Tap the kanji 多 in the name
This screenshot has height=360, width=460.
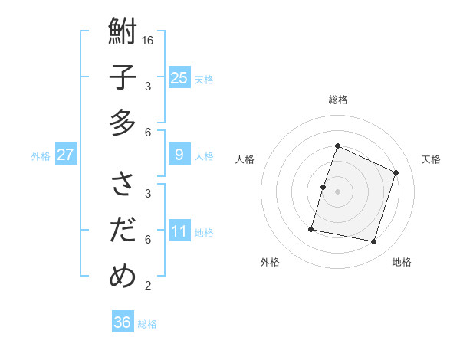123,123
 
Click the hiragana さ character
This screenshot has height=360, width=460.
123,184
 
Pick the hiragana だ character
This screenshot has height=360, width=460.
123,230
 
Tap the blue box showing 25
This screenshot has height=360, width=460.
179,77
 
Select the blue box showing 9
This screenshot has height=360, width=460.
179,155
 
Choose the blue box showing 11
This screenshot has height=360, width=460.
179,231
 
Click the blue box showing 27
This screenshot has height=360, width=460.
65,155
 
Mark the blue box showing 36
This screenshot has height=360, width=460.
123,322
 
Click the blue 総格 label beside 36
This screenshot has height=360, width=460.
147,324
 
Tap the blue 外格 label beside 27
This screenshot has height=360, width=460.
41,156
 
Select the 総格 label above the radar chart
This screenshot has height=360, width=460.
338,100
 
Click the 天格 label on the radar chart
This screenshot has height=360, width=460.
431,159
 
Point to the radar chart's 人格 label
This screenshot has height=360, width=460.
245,159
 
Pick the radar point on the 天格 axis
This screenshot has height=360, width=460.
396,172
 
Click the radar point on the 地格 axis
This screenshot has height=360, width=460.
374,241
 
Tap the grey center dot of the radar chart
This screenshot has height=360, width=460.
338,191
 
